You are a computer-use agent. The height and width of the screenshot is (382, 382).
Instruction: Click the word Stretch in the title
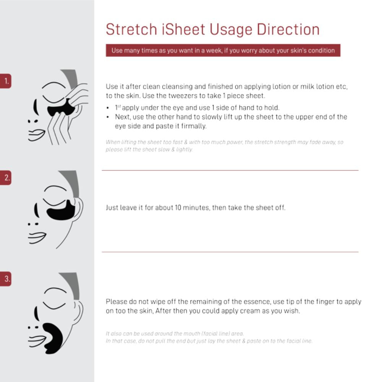(131, 29)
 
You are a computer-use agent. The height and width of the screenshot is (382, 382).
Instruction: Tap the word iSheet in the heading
(183, 29)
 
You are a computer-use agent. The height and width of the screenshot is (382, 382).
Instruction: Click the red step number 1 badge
(6, 81)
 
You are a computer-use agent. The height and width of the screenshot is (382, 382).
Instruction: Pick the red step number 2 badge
(6, 178)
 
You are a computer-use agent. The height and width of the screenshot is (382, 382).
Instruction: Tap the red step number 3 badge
(6, 279)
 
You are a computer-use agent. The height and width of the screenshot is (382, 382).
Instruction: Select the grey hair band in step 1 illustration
(71, 78)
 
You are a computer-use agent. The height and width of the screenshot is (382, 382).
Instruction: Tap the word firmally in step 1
(194, 126)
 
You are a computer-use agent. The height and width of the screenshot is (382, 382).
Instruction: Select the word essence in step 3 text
(251, 302)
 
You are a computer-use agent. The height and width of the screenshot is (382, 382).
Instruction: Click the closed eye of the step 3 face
(54, 304)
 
